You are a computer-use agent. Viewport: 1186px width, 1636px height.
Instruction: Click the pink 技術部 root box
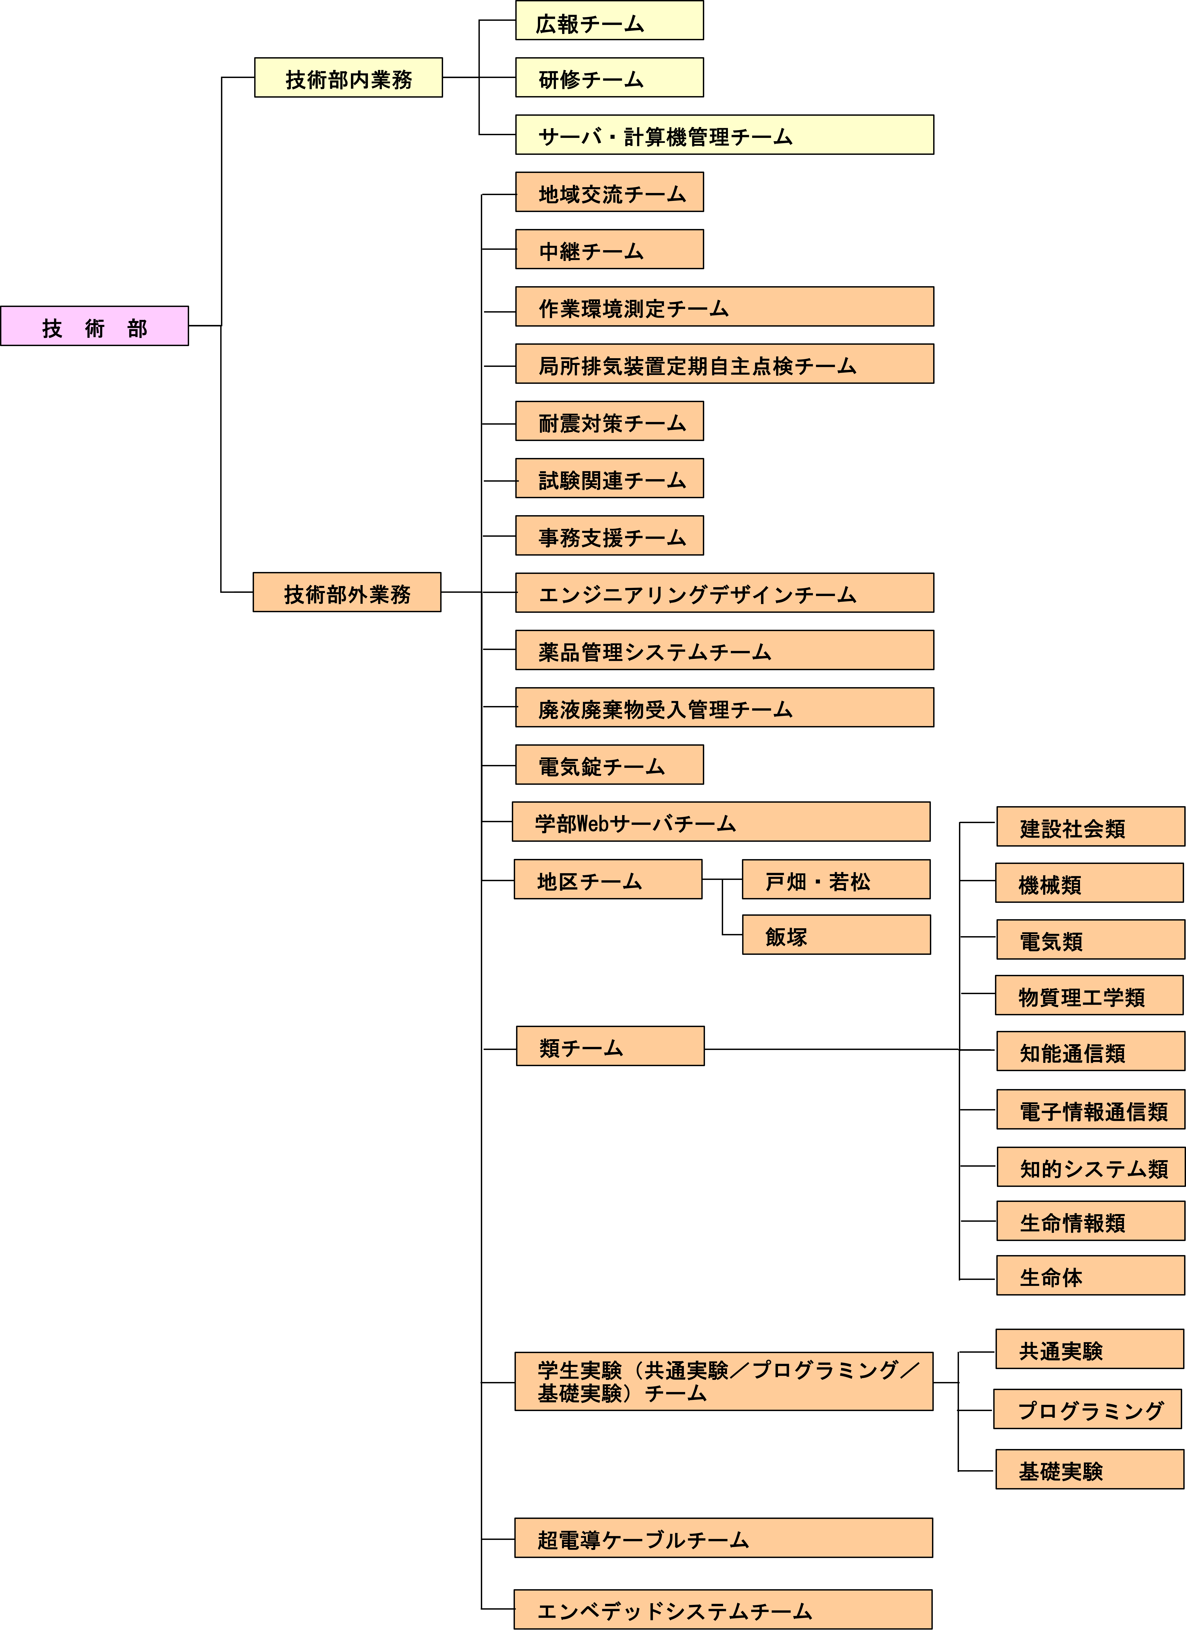click(95, 326)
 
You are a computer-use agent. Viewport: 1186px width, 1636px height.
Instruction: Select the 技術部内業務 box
click(348, 77)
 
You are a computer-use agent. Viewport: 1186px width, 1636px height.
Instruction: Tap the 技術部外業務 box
click(347, 592)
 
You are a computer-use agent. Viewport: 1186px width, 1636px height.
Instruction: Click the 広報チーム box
click(610, 20)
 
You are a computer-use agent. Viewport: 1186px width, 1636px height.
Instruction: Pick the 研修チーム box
click(610, 77)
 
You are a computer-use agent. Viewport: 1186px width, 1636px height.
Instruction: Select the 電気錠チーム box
click(610, 765)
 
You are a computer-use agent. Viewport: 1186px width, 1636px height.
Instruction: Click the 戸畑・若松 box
click(836, 879)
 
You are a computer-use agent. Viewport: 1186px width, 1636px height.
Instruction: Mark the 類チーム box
click(610, 1046)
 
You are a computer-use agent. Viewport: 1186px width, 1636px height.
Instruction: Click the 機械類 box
click(1089, 883)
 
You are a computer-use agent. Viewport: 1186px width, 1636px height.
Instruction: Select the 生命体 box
click(1091, 1275)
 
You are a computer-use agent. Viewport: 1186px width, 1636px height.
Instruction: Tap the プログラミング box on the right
click(1088, 1409)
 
